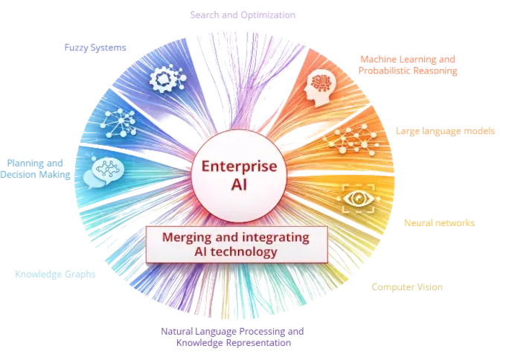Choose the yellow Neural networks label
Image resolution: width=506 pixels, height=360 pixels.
[x=439, y=222]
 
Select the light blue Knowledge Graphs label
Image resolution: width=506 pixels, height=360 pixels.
[x=55, y=274]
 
